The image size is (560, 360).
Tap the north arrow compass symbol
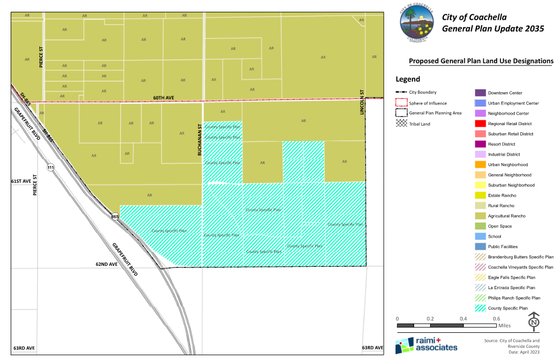(x=534, y=322)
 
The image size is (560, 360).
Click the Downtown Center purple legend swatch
(x=480, y=93)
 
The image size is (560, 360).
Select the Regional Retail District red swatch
(x=480, y=124)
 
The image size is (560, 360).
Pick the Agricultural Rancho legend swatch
(x=480, y=216)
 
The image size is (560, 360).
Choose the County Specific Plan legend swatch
(x=480, y=308)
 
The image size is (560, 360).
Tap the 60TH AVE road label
(x=164, y=98)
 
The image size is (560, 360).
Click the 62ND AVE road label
(x=106, y=264)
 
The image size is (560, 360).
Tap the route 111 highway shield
(x=51, y=168)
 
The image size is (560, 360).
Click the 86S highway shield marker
(x=115, y=217)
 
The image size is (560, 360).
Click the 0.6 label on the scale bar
(x=496, y=318)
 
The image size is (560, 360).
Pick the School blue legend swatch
(x=480, y=236)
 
